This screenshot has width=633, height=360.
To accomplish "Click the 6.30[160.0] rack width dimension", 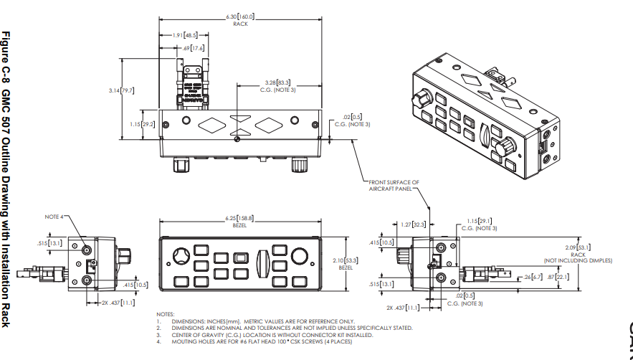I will (241, 16).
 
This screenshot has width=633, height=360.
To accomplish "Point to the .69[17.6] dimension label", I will (194, 47).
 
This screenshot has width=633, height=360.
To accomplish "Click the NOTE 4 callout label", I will (54, 216).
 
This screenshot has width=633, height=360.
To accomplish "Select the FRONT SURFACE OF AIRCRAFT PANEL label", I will (394, 186).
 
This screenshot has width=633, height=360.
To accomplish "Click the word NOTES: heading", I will (165, 314).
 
